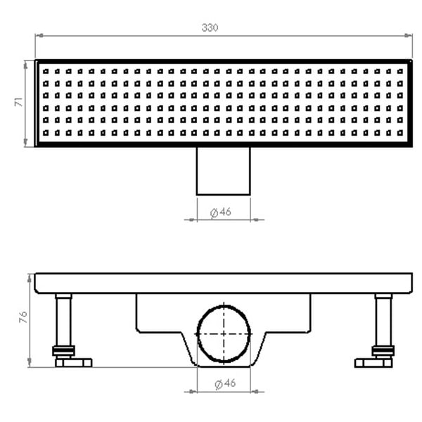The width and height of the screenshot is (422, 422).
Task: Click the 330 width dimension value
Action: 210,27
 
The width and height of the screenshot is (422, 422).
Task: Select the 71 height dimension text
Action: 20,103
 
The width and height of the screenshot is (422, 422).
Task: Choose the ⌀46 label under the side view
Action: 222,384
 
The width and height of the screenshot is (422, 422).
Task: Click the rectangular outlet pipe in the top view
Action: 223,171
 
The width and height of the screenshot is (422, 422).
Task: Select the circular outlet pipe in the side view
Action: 224,333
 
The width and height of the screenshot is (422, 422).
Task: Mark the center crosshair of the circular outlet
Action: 224,333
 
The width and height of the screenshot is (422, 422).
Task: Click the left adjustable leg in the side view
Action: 64,320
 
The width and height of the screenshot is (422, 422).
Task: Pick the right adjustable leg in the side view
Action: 383,320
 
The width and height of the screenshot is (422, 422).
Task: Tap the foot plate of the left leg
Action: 73,363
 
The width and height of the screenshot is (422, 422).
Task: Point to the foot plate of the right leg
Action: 373,363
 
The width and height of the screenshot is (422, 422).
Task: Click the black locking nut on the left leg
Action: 63,350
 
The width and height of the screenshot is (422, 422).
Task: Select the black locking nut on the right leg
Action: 383,350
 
